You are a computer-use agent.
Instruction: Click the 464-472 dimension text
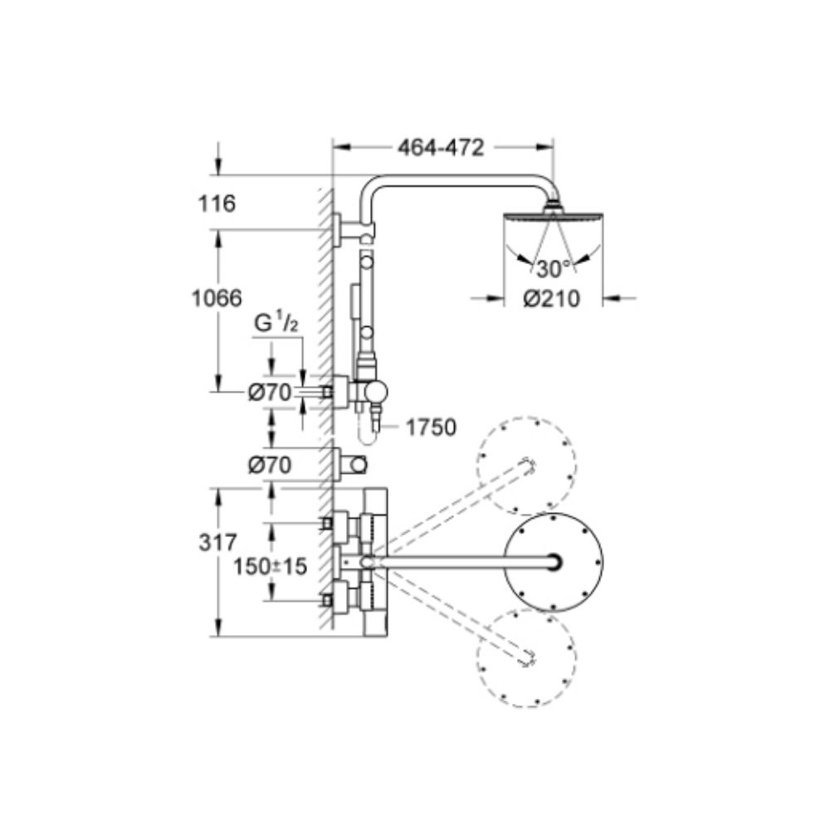pyautogui.click(x=440, y=149)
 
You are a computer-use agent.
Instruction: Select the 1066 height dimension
pyautogui.click(x=214, y=297)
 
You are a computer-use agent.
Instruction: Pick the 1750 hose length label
pyautogui.click(x=432, y=427)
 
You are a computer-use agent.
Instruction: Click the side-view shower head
pyautogui.click(x=552, y=217)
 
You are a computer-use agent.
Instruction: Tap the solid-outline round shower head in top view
pyautogui.click(x=554, y=562)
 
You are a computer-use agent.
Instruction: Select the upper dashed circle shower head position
pyautogui.click(x=526, y=463)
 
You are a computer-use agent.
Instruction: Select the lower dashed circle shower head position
pyautogui.click(x=526, y=657)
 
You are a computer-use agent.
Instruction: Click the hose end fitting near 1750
pyautogui.click(x=375, y=425)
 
